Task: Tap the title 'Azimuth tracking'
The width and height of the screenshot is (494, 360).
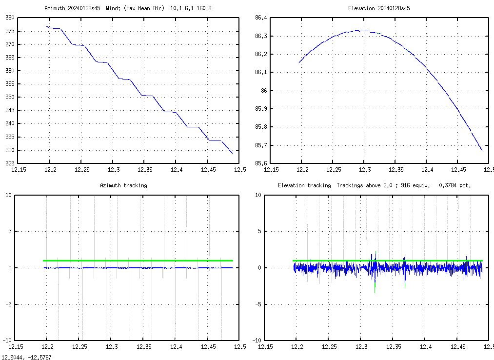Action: [x=123, y=185]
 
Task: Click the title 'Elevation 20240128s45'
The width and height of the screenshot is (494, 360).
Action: [x=379, y=8]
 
